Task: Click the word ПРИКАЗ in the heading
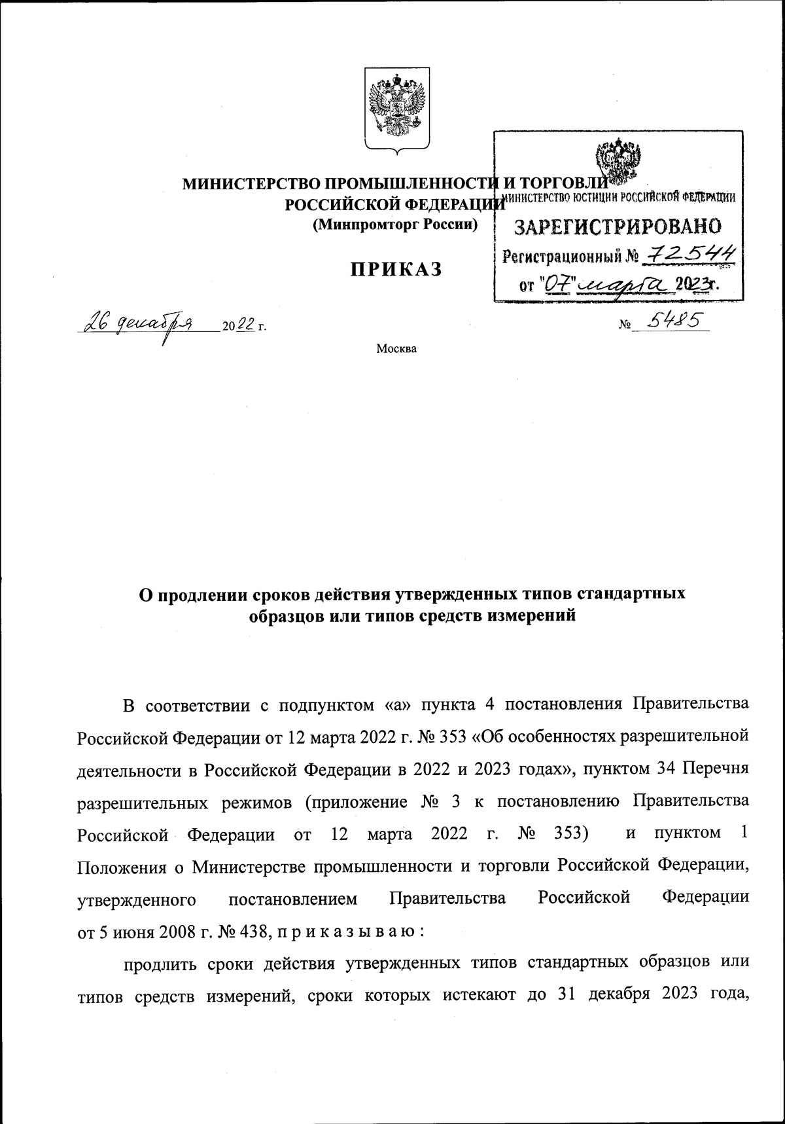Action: pyautogui.click(x=396, y=269)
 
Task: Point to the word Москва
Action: pyautogui.click(x=396, y=348)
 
